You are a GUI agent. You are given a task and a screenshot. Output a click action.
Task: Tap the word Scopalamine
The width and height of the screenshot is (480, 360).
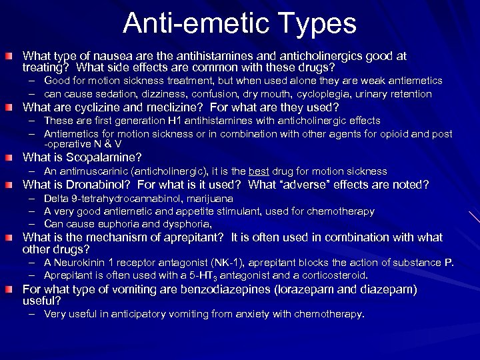pyautogui.click(x=108, y=158)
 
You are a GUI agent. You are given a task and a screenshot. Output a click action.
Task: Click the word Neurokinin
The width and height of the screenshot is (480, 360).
pyautogui.click(x=81, y=263)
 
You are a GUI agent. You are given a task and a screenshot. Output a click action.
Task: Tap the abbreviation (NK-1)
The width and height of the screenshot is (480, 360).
pyautogui.click(x=228, y=263)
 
